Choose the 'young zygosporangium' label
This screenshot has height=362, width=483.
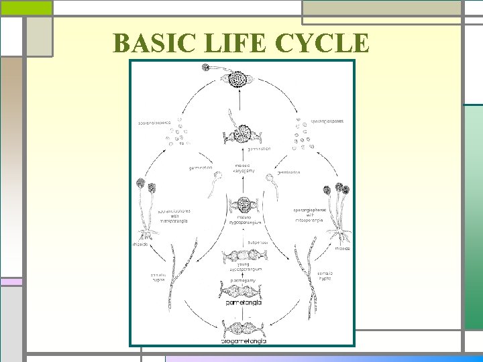click(243, 266)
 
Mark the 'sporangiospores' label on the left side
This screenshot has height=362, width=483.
click(155, 123)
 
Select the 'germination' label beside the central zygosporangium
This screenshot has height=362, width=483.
click(258, 149)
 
